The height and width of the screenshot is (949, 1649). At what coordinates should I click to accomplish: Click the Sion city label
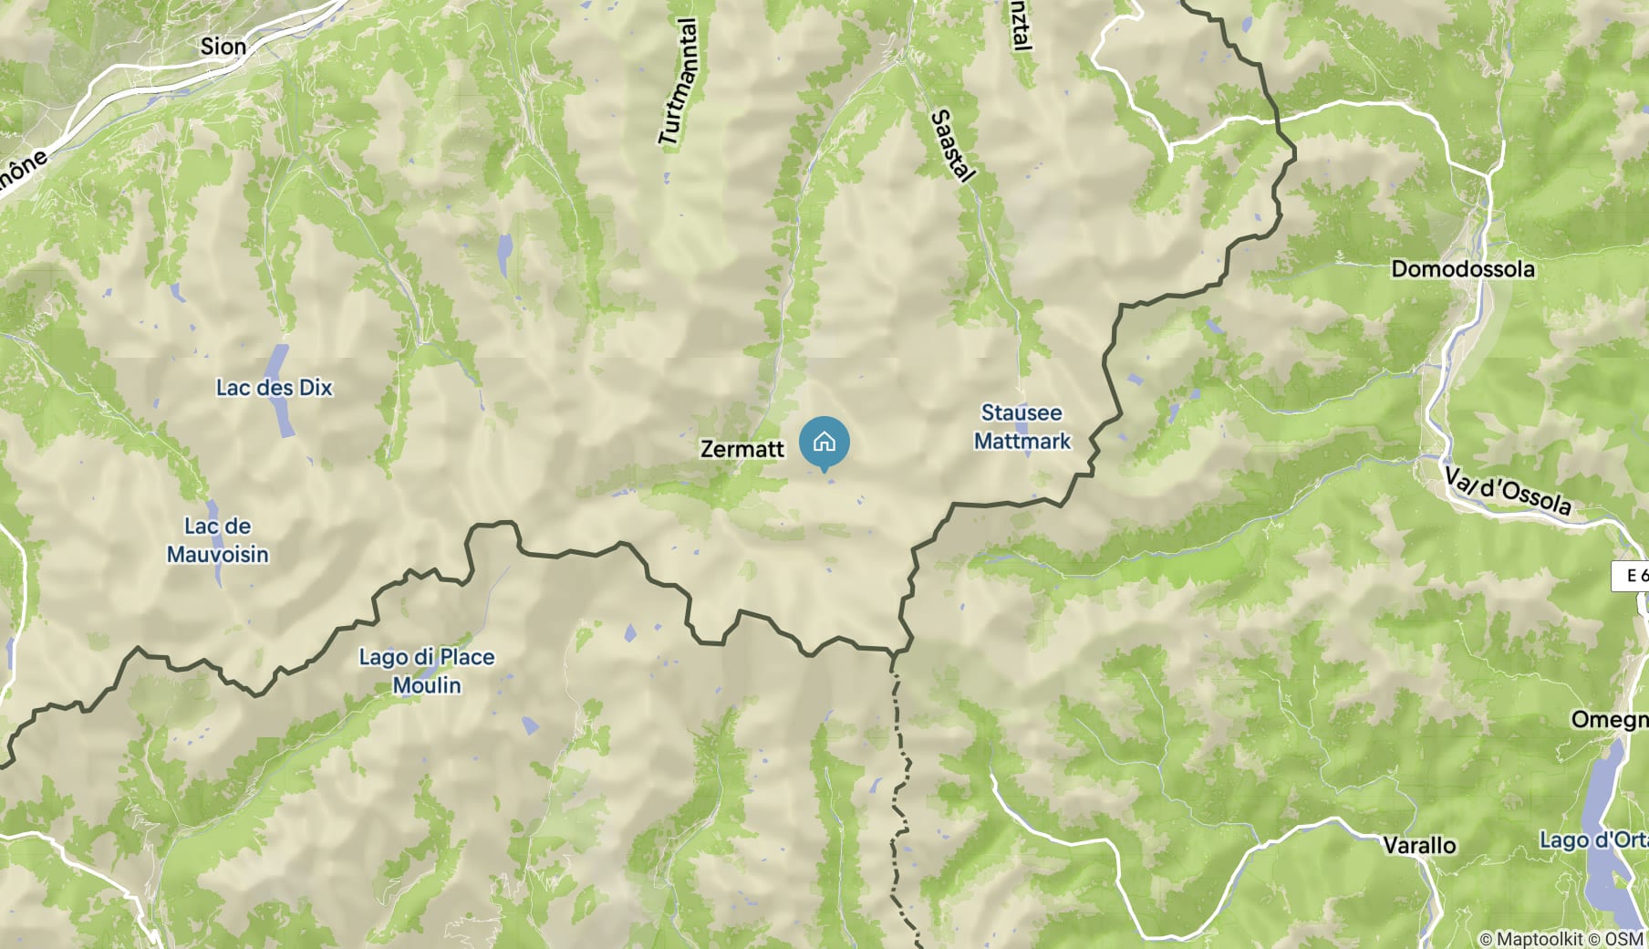pos(223,47)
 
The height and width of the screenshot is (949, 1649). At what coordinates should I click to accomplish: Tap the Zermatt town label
pos(742,449)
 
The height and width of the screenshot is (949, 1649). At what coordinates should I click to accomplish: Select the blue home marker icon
pos(824,443)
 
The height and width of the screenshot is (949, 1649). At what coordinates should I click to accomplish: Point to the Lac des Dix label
pos(274,388)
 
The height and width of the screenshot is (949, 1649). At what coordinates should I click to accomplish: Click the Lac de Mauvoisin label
pos(218,540)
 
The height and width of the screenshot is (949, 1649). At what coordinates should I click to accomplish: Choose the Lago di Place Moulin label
pos(427,671)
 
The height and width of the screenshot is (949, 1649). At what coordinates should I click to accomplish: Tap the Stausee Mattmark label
pos(1022,427)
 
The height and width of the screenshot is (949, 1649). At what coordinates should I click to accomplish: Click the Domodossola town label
pos(1462,269)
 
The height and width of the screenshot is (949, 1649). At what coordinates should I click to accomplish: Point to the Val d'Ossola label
pos(1508,490)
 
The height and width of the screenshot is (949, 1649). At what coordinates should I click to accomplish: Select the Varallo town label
pos(1419,846)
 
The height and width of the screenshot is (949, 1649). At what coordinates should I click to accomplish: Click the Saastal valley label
pos(953,146)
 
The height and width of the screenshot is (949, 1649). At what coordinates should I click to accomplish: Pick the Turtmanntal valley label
pos(679,82)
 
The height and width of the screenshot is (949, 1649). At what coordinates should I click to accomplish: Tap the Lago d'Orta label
pos(1593,839)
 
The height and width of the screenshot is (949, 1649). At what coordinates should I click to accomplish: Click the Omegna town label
pos(1609,720)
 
